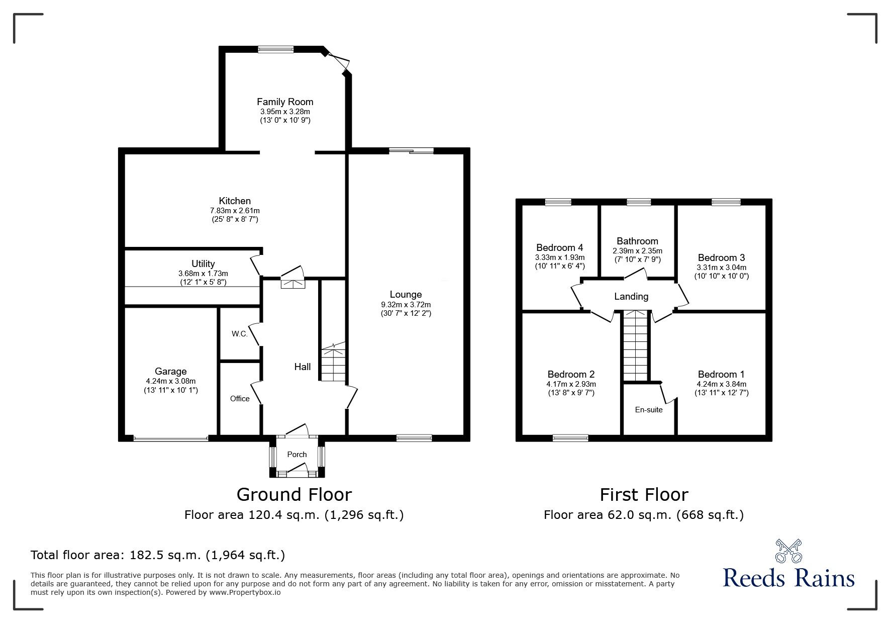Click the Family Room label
(285, 102)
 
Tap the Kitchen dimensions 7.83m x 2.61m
(235, 210)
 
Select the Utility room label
(203, 263)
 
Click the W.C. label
(240, 334)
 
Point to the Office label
(240, 398)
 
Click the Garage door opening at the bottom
(171, 439)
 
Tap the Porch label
(296, 454)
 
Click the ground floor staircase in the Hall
(333, 362)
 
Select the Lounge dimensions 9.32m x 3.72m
(406, 304)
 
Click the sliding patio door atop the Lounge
(411, 150)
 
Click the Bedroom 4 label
(559, 247)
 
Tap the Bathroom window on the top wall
(638, 202)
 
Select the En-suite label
(648, 409)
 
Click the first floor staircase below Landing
(636, 347)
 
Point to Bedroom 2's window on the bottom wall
(570, 438)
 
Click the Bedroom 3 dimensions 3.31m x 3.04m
(721, 267)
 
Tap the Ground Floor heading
(294, 494)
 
